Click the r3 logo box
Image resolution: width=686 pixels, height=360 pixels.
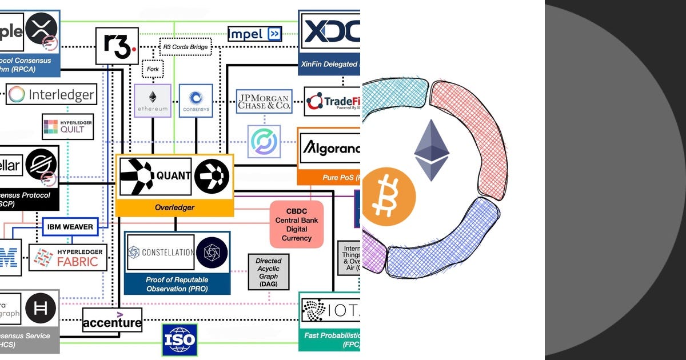point(117,46)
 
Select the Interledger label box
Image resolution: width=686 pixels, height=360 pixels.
point(51,94)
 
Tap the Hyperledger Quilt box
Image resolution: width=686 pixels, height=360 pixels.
point(67,126)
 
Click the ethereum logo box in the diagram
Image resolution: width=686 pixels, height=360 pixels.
point(153,101)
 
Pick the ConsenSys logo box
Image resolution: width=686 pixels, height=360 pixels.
point(196,101)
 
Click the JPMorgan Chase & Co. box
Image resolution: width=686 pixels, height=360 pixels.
point(264,101)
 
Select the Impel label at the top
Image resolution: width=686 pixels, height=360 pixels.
point(254,34)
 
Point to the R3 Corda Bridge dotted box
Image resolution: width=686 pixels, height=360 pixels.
point(185,46)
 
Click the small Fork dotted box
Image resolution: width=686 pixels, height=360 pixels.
point(153,70)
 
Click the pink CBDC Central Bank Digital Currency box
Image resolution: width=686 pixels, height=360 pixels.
point(296,224)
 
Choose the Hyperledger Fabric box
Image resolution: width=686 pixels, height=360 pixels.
point(68,257)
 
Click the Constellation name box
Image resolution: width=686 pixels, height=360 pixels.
point(160,252)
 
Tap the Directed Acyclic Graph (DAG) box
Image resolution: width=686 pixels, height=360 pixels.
point(268,272)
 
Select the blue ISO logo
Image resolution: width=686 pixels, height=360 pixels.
point(180,341)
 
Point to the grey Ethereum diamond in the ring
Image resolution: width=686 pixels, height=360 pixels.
point(432,150)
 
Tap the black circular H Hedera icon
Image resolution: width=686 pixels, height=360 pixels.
point(41,309)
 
